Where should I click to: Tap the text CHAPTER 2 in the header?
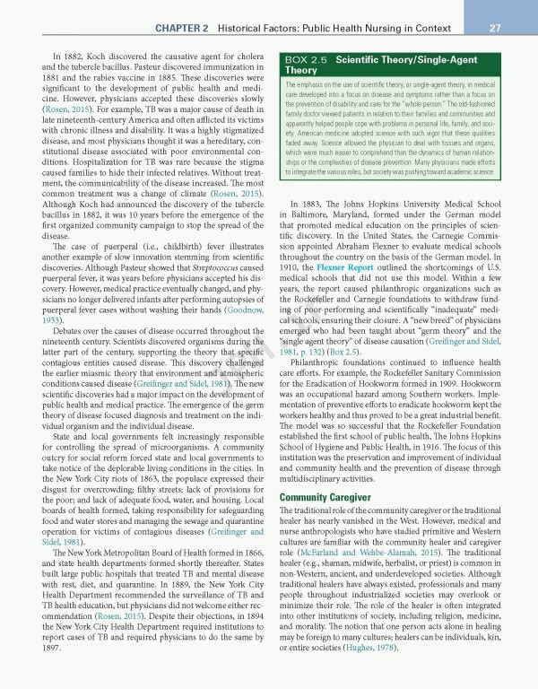(182, 29)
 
